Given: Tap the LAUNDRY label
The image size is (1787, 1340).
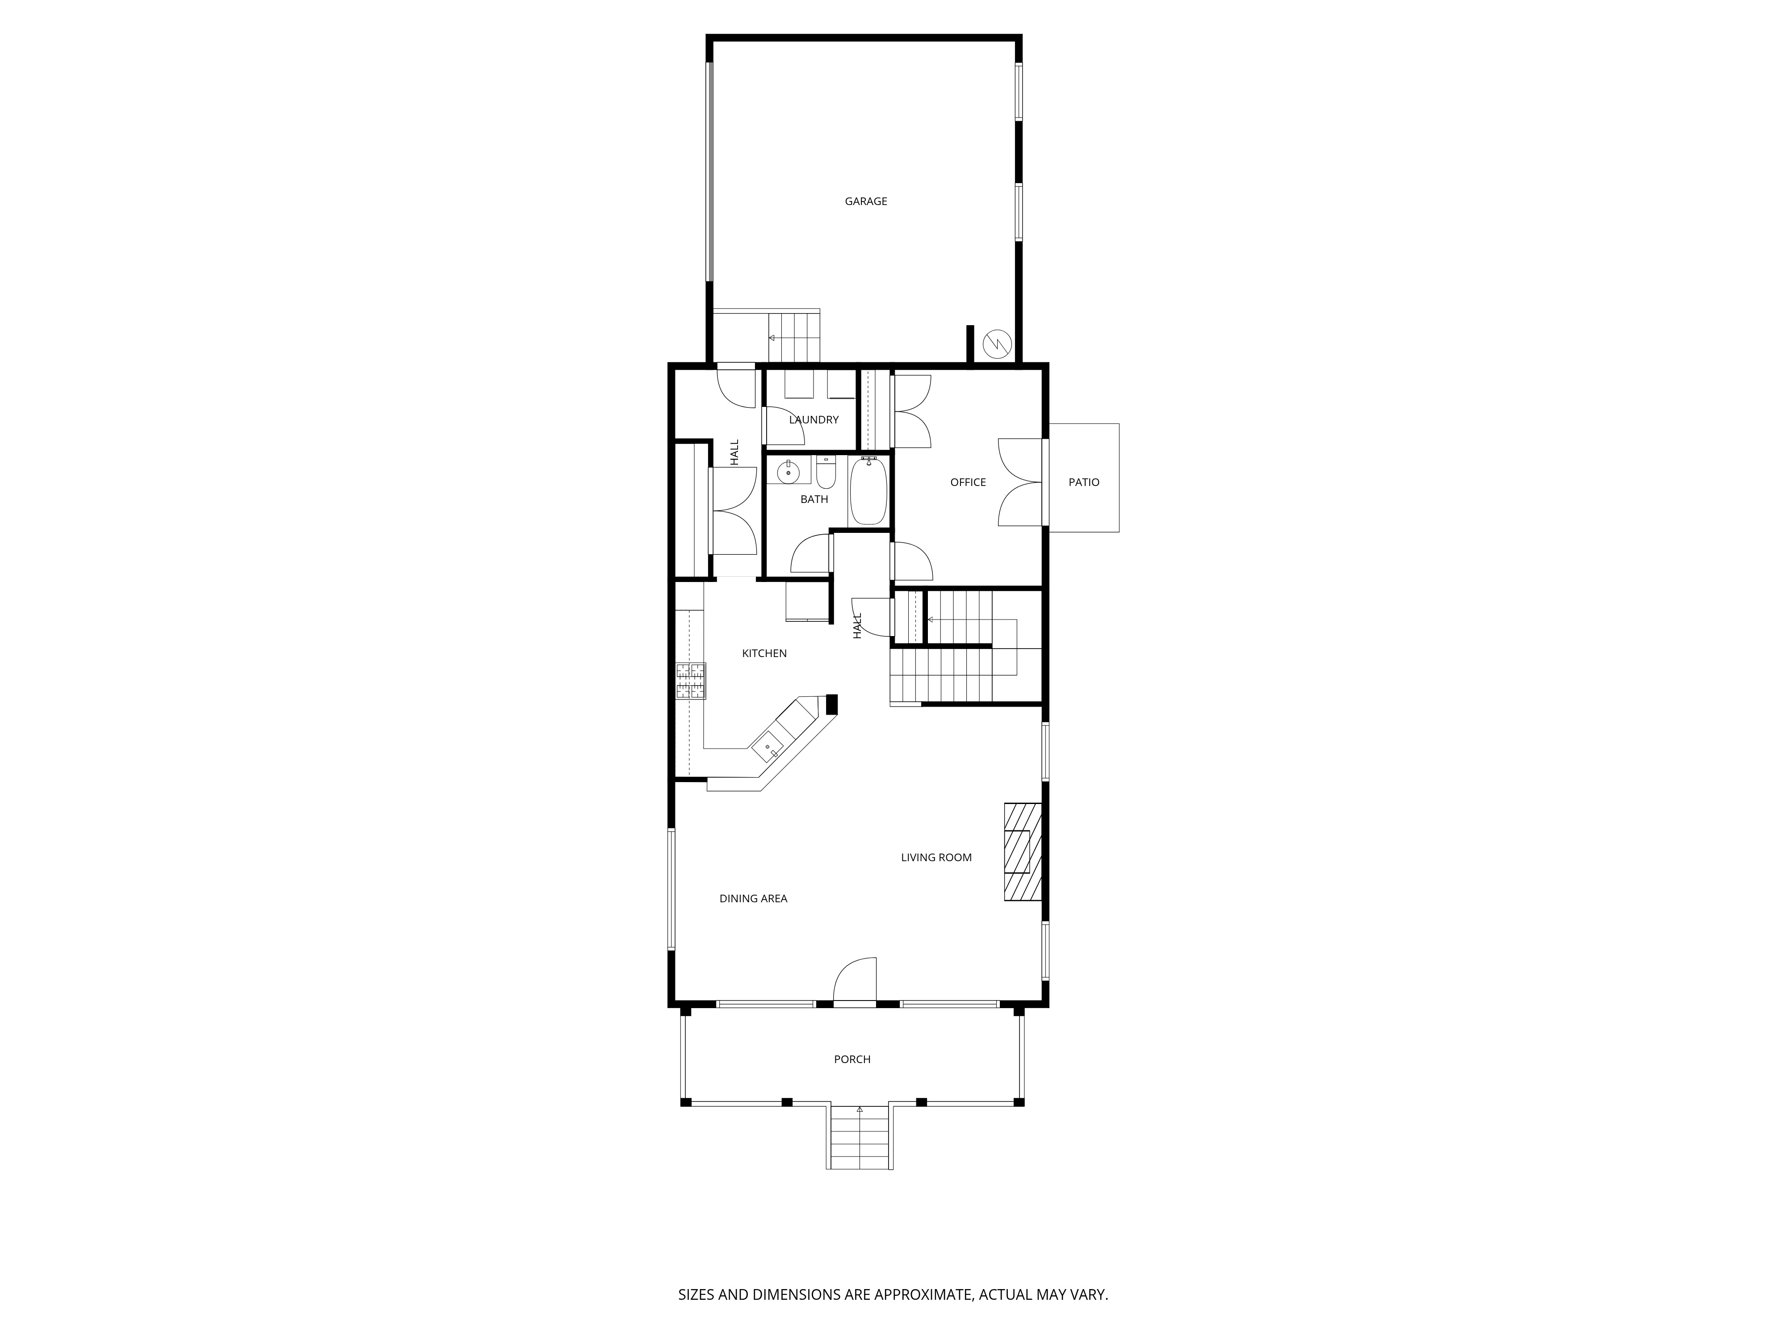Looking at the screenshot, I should [x=814, y=419].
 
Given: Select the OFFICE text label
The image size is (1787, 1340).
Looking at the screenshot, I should [x=967, y=482].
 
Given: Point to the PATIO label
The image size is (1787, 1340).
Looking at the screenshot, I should [x=1083, y=482].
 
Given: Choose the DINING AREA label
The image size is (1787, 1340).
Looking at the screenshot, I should [x=753, y=898].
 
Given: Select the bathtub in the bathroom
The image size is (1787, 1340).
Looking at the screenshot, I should [x=868, y=491].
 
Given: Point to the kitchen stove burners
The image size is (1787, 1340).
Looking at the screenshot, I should [x=691, y=680].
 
